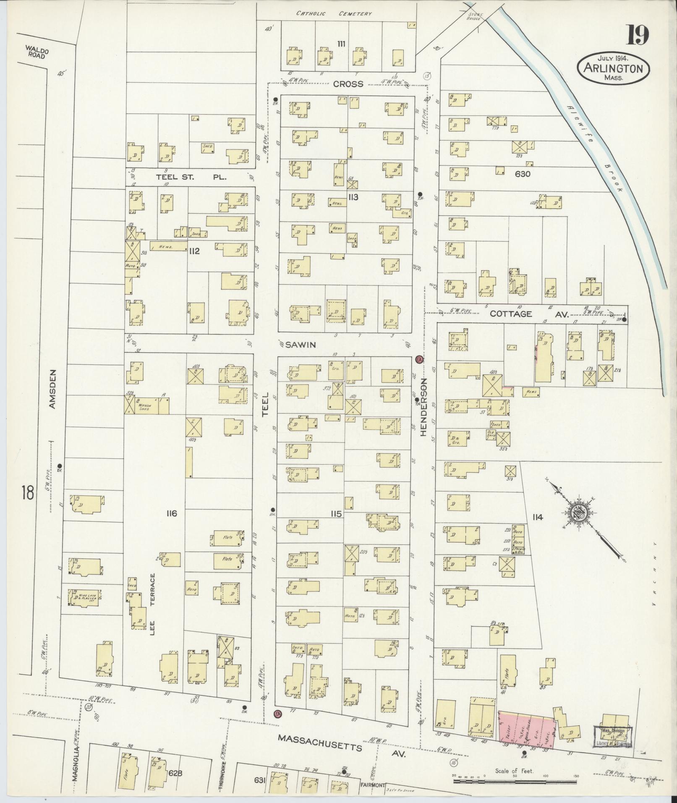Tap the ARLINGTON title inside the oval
(x=613, y=68)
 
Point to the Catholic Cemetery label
(x=334, y=13)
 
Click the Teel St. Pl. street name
(x=191, y=177)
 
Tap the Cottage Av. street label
(x=528, y=314)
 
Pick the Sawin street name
(x=300, y=345)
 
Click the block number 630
(x=523, y=174)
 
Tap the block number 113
(x=353, y=197)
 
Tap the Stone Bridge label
(x=476, y=17)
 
